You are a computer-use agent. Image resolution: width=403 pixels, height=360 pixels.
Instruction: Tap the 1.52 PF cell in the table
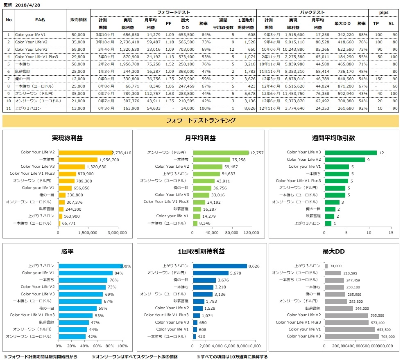point(169,64)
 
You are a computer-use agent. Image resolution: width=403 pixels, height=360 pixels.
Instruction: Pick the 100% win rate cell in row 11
point(205,108)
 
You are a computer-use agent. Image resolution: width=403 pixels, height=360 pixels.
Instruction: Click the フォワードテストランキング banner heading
point(201,121)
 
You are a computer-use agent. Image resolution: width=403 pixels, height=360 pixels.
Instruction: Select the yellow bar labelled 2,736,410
point(85,153)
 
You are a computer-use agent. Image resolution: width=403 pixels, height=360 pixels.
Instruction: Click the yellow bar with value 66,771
point(59,223)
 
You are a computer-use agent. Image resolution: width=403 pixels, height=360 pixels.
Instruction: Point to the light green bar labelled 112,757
point(221,153)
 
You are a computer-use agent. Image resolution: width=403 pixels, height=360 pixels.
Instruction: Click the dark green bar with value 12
point(350,153)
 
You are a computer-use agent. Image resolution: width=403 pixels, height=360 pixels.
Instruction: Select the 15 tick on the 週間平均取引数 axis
point(391,233)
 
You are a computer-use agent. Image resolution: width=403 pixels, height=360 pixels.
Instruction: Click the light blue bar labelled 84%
point(85,273)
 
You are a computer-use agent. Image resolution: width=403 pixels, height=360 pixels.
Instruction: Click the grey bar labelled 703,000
point(352,336)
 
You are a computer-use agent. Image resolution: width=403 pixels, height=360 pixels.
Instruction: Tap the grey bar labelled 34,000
point(326,266)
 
